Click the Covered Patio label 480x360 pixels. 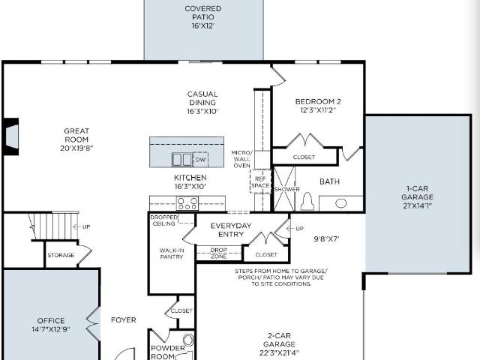point(203,17)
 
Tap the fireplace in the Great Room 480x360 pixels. point(11,136)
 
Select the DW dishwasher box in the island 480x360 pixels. point(200,160)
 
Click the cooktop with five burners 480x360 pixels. point(187,203)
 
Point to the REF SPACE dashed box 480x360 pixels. point(260,181)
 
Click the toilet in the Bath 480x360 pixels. point(307,202)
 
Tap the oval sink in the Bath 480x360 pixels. point(340,203)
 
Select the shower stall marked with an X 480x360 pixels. point(283,189)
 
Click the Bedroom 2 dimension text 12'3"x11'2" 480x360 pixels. point(318,110)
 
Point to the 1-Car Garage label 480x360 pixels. point(417,197)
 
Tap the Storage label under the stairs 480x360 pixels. point(61,255)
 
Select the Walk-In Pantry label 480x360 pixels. point(172,253)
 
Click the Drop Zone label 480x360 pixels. point(218,253)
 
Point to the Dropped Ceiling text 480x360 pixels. point(163,220)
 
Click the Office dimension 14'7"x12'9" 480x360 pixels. point(51,329)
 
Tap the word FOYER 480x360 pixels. point(123,320)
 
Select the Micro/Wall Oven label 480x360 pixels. point(241,159)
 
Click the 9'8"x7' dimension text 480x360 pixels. point(326,239)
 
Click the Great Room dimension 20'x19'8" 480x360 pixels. point(76,148)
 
